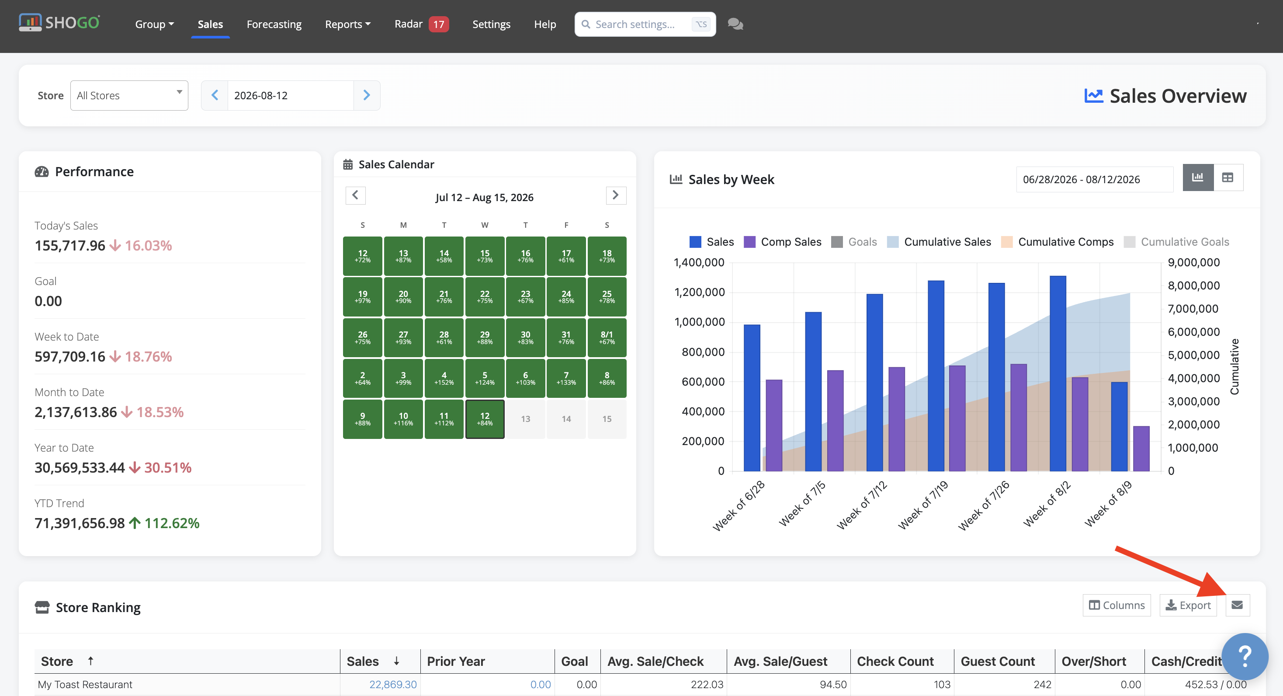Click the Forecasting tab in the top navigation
pos(274,24)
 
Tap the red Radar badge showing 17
pos(438,24)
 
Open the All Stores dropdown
pos(129,95)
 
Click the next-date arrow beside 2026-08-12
pos(367,95)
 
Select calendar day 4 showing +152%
pos(444,378)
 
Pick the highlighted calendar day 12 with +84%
pos(485,419)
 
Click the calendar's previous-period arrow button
pos(355,195)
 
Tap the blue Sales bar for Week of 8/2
pos(1058,373)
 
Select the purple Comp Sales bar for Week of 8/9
pos(1141,449)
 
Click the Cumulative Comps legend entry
pos(1058,242)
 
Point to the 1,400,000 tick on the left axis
pos(699,263)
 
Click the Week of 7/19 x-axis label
pos(923,505)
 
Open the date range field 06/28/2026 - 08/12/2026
pos(1095,179)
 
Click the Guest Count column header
pos(998,661)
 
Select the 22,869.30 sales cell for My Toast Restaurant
pos(392,684)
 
